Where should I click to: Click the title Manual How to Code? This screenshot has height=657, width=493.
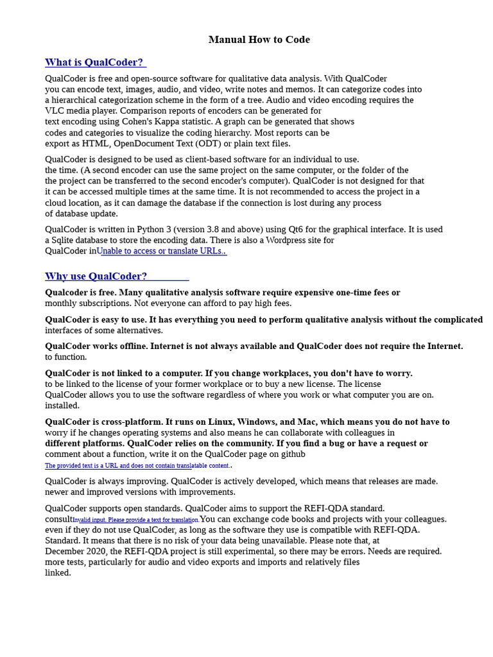pyautogui.click(x=259, y=40)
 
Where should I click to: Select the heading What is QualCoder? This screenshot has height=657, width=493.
pyautogui.click(x=94, y=62)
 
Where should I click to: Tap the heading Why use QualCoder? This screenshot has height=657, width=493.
pyautogui.click(x=96, y=277)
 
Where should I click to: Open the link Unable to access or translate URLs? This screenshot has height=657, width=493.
pyautogui.click(x=161, y=251)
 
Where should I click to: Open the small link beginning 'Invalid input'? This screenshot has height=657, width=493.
pyautogui.click(x=135, y=520)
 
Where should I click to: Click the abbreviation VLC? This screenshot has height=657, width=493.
pyautogui.click(x=54, y=110)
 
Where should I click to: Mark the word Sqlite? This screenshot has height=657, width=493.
pyautogui.click(x=65, y=240)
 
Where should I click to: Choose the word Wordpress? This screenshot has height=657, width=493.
pyautogui.click(x=291, y=240)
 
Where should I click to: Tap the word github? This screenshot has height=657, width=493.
pyautogui.click(x=293, y=454)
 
